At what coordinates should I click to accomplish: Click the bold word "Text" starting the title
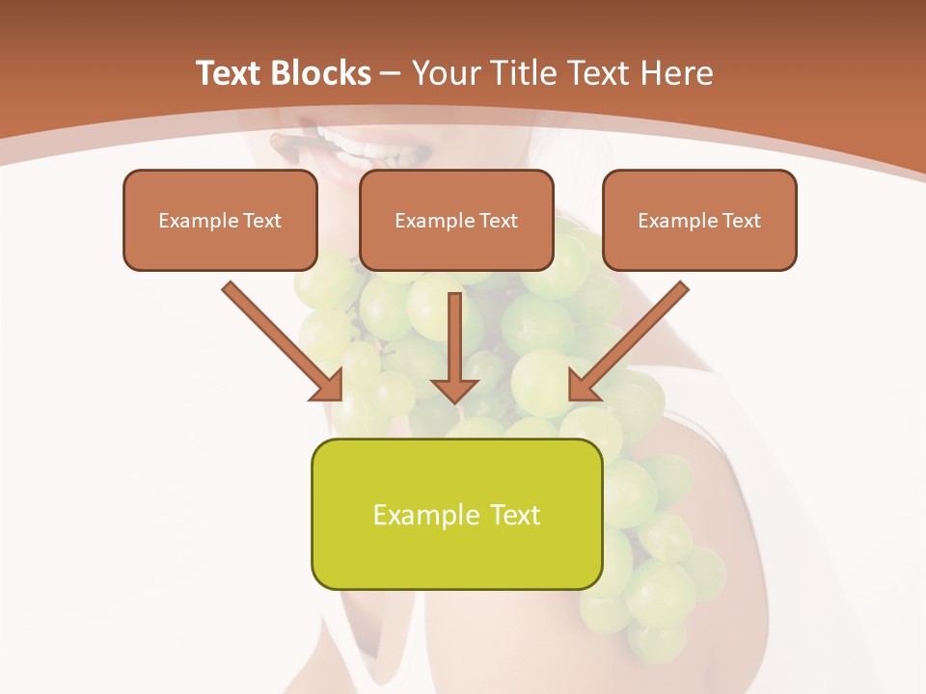231,73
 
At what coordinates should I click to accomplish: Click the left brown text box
220,220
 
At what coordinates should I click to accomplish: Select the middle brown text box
456,220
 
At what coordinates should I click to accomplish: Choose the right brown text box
699,220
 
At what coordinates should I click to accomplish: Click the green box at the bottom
456,514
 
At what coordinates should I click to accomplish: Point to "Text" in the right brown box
741,221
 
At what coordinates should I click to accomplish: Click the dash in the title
391,74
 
